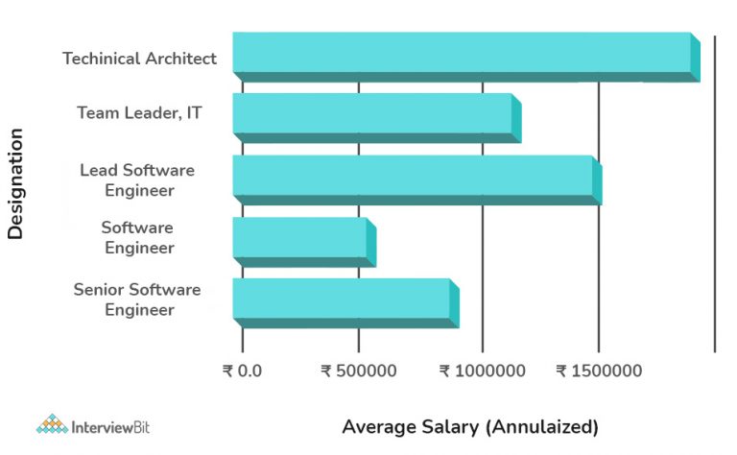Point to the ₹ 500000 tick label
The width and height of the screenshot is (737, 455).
358,371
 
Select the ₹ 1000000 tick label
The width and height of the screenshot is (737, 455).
482,371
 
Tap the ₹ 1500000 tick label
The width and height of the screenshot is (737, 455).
600,371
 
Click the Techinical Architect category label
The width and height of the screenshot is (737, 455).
140,59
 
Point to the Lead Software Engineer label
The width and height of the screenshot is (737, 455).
137,180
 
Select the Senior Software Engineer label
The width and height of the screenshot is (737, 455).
137,299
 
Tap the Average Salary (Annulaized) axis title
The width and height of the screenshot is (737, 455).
470,426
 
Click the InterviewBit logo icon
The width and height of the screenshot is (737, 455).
52,424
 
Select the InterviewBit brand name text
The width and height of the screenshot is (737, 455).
110,425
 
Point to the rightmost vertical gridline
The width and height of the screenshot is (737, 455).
715,192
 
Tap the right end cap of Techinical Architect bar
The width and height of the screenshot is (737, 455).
696,58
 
